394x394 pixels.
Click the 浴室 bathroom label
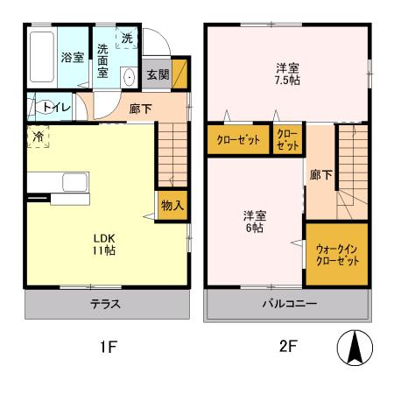click(72, 58)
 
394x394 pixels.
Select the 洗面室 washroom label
click(103, 60)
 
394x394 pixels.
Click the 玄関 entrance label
click(158, 74)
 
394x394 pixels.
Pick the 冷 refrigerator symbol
click(39, 137)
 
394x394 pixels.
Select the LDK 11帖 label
click(104, 243)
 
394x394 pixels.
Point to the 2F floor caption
click(286, 347)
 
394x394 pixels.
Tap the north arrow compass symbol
click(355, 348)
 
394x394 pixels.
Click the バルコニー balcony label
click(287, 305)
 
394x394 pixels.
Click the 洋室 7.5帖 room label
click(284, 74)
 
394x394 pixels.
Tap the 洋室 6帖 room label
click(255, 222)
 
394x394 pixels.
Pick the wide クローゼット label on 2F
click(237, 140)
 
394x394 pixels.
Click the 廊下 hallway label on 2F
click(320, 174)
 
